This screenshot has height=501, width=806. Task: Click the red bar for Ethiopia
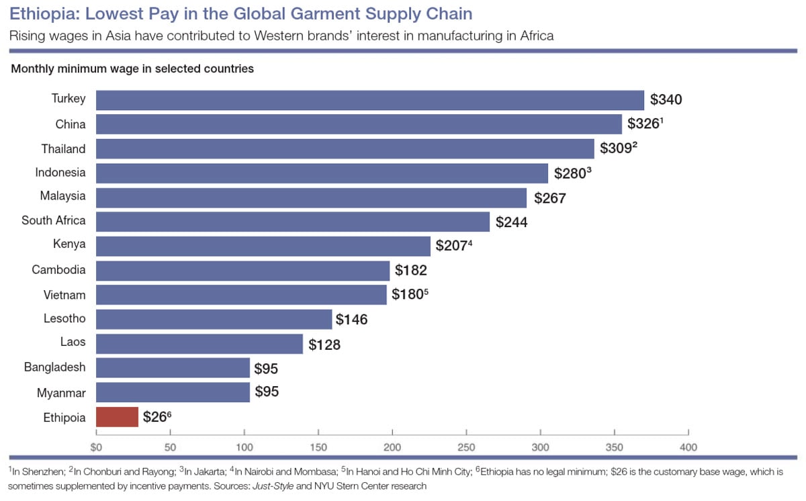[x=118, y=417]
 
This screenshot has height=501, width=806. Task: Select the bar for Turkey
[x=370, y=100]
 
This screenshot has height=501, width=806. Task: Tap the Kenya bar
[x=263, y=246]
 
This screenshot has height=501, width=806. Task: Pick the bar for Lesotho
[x=214, y=319]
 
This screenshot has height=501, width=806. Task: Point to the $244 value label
[x=511, y=222]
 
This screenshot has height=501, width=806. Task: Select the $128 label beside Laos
[x=324, y=345]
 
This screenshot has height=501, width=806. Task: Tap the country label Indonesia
[x=60, y=173]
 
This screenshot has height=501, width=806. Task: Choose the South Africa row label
[x=54, y=220]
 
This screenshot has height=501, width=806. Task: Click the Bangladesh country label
[x=55, y=367]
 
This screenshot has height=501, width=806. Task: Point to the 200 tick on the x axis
[x=392, y=447]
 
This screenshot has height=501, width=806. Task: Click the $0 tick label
[x=97, y=447]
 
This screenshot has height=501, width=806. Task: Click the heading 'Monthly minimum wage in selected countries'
[x=132, y=69]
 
